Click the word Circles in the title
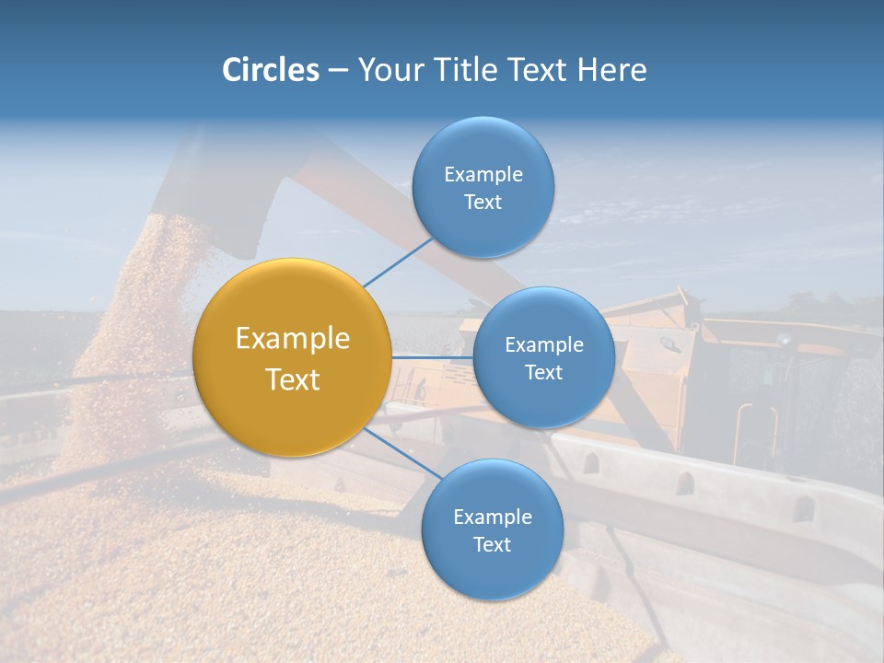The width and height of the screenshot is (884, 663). click(x=270, y=70)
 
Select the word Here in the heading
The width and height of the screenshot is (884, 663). click(x=612, y=70)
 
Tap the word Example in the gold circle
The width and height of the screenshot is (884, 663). click(x=293, y=339)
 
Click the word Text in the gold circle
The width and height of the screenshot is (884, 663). click(x=293, y=379)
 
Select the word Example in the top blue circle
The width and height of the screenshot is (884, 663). click(x=483, y=175)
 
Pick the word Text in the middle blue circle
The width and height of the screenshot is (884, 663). click(x=543, y=373)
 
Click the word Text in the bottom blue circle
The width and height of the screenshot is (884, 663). click(x=492, y=545)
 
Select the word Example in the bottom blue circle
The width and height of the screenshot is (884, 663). click(x=493, y=518)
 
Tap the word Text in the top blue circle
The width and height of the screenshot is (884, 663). click(x=483, y=203)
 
